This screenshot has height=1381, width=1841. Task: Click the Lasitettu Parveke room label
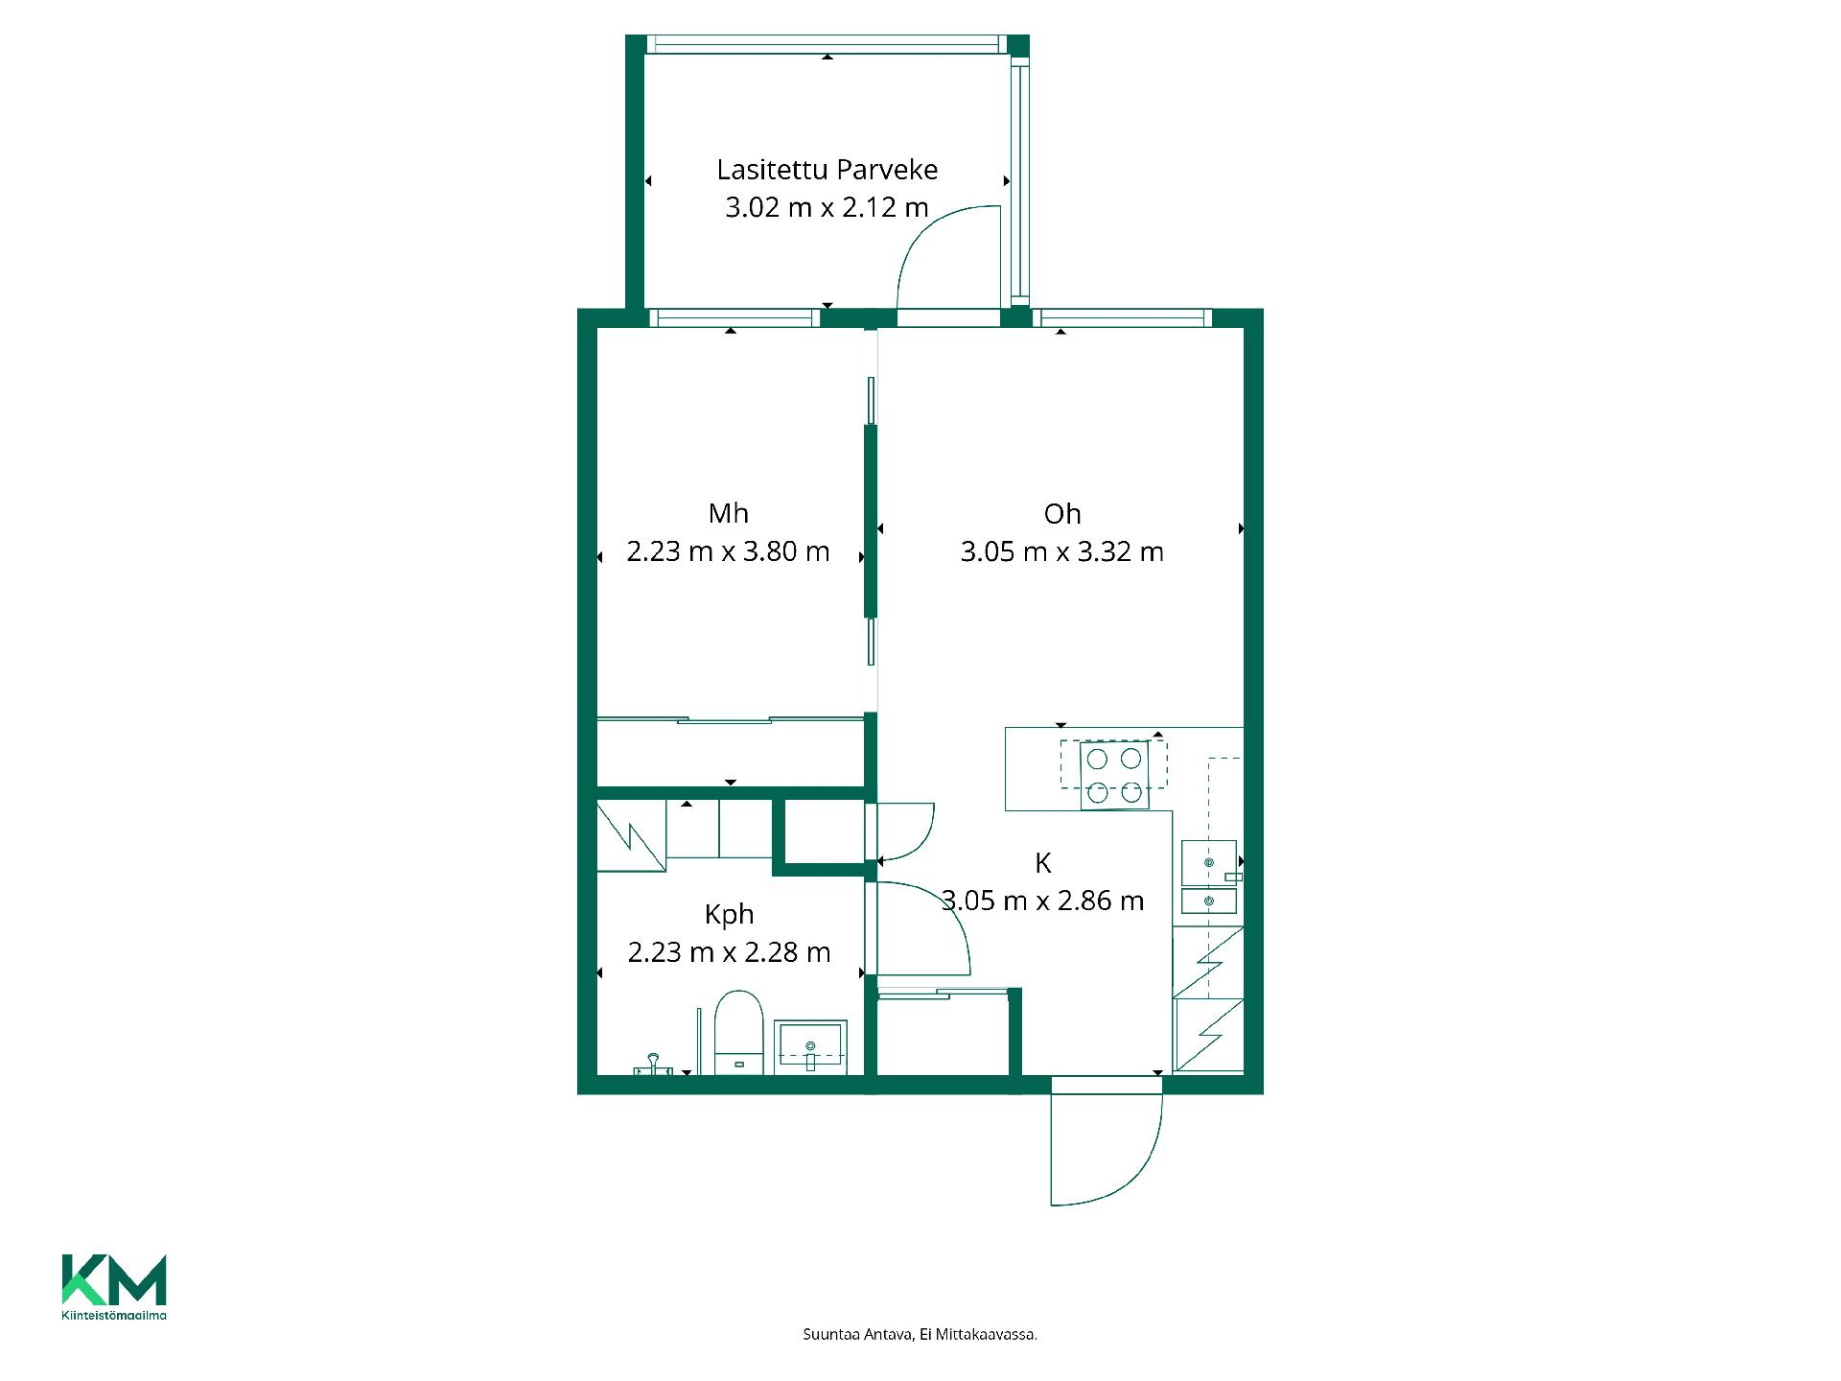coord(827,170)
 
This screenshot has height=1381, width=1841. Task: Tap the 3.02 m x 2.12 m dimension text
coord(827,207)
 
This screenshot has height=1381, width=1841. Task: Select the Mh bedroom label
coord(728,514)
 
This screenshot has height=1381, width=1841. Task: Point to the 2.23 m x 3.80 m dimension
coord(728,551)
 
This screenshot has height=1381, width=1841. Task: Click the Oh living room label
coord(1062,514)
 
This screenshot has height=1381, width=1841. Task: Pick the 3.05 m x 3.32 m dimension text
coord(1062,551)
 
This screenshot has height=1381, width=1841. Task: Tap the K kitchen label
coord(1043,863)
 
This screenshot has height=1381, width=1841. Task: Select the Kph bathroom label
coord(729,915)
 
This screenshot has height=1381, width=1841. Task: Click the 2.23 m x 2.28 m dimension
coord(729,952)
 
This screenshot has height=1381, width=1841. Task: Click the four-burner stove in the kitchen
coord(1114,775)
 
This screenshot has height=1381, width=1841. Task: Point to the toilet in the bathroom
coord(738,1034)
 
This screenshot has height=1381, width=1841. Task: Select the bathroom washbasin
coord(811,1044)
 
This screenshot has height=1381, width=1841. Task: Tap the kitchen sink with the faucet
coord(1209,862)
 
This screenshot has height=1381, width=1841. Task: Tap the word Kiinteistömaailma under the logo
coord(114,1316)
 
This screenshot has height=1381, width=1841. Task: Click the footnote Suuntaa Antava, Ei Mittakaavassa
coord(920,1334)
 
